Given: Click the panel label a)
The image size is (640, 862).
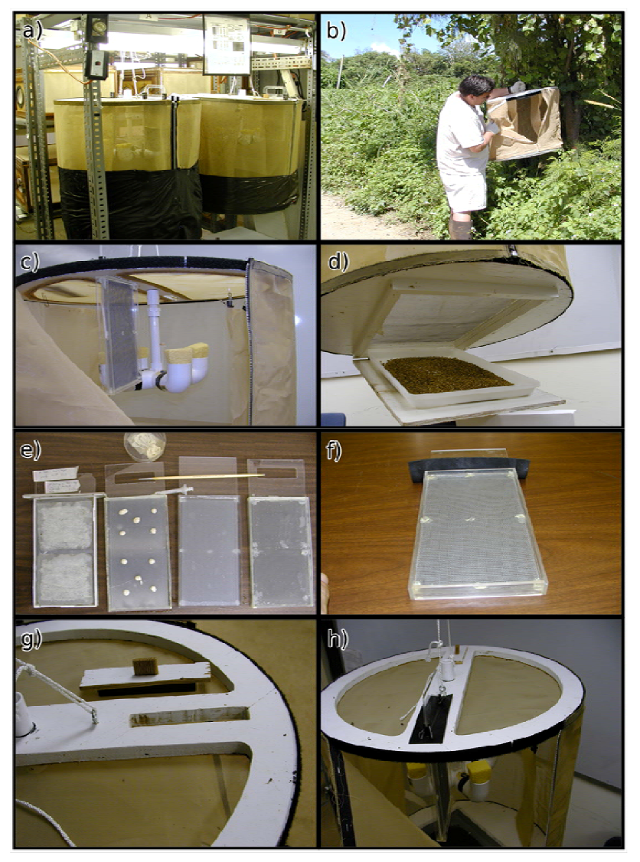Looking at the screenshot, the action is click(x=32, y=30).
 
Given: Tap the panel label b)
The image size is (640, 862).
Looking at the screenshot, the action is click(x=337, y=31).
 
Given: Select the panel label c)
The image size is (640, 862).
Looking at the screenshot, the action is click(x=30, y=262).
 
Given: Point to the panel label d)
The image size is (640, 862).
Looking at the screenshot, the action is click(x=337, y=261).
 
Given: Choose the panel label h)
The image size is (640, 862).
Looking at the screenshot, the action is click(x=337, y=640).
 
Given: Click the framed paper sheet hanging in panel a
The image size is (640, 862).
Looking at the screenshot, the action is click(x=227, y=44).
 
